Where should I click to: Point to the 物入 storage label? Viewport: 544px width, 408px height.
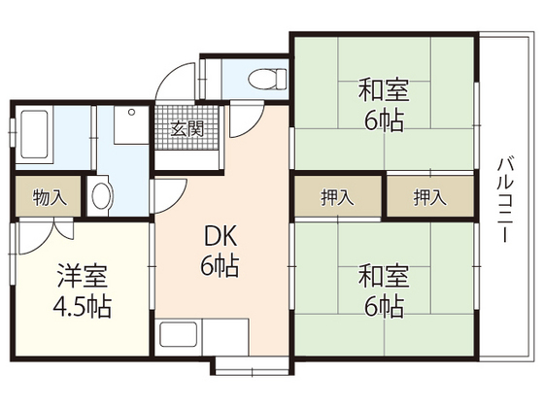click(50, 198)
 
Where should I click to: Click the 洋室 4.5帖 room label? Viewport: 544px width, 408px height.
click(82, 292)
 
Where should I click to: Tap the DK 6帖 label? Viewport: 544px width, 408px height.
click(222, 251)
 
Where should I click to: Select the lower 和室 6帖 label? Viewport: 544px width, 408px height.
click(384, 291)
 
